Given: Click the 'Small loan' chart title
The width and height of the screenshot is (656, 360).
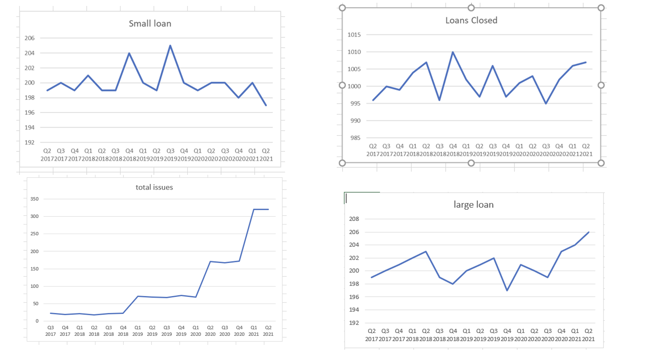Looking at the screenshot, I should tap(150, 24).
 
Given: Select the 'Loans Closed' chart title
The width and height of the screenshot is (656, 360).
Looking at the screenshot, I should tap(471, 21).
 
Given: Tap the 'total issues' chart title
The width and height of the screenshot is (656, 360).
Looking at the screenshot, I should tap(154, 188).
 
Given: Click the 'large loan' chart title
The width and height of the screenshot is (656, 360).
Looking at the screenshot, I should tap(474, 205).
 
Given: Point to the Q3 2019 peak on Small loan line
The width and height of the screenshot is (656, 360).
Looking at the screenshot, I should tap(170, 46).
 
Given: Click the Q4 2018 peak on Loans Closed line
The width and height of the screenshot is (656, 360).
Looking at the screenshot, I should tap(453, 52).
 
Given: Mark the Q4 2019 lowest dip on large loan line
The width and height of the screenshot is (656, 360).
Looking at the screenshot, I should tap(507, 290).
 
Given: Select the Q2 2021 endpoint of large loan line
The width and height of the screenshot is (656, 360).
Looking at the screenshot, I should tap(588, 232).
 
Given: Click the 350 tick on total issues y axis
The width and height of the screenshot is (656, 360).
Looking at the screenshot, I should tap(35, 199).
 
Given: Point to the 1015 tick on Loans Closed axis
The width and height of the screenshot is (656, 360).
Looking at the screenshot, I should tap(354, 35).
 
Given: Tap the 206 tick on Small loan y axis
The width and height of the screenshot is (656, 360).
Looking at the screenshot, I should tap(29, 38).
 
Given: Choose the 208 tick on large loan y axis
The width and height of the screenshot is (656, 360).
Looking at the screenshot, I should tap(354, 219).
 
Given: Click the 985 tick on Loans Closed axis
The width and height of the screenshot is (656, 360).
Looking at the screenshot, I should tap(355, 138).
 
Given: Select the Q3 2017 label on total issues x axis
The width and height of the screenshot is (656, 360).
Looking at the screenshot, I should tap(50, 331).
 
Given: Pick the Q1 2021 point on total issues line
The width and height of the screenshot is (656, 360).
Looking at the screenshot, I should tap(254, 209).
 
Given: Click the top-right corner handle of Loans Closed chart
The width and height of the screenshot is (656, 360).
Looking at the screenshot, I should tap(601, 8).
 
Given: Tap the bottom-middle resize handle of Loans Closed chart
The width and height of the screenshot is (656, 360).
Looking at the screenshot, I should tap(471, 163).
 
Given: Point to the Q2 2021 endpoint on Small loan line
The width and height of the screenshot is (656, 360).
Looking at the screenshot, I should tap(266, 105).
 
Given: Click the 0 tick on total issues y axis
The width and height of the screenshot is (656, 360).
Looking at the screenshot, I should tap(37, 321).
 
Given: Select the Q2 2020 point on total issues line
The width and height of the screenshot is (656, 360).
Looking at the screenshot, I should tap(210, 261).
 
